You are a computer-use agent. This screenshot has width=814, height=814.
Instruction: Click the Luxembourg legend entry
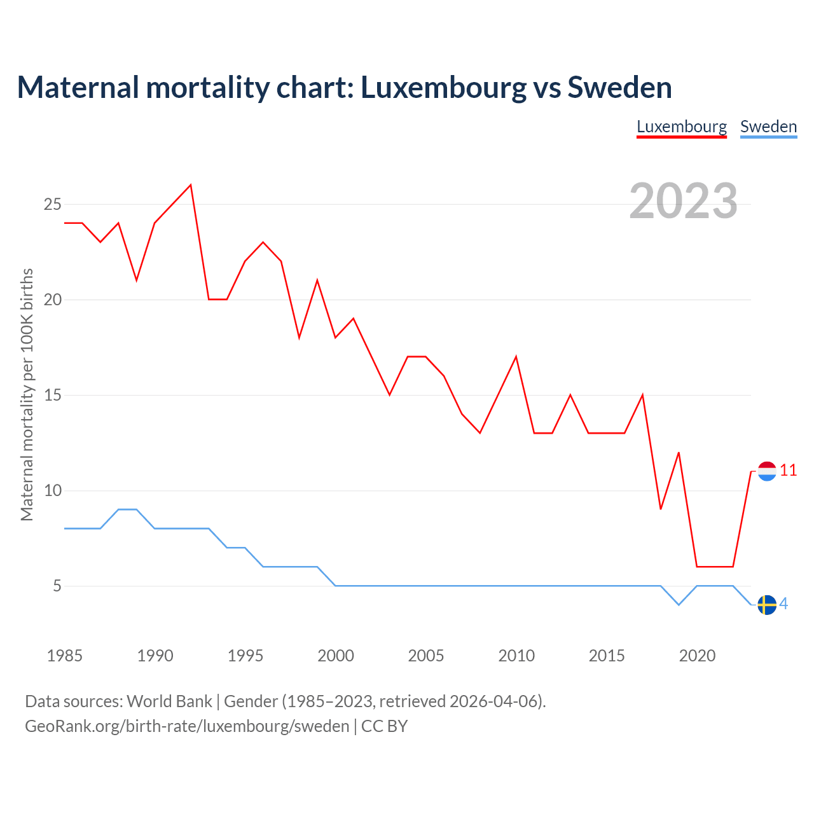point(681,127)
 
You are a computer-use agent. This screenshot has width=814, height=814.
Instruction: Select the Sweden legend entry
point(768,127)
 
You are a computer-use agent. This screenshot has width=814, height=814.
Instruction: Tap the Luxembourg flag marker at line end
point(767,471)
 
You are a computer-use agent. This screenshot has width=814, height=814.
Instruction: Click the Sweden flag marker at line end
point(767,605)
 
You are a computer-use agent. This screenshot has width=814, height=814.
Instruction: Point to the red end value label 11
point(789,471)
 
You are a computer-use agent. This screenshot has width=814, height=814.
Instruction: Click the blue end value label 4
point(784,604)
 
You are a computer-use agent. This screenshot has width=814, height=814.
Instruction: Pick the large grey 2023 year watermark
point(683,201)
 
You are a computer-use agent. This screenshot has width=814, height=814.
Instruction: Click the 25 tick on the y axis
point(52,205)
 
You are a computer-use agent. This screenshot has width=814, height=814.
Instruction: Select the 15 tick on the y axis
point(52,396)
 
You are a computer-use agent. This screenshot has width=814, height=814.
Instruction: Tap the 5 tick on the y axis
point(57,586)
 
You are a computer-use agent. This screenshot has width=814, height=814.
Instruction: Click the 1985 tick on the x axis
point(64,656)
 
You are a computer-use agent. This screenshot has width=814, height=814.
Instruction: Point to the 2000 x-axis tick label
point(335,656)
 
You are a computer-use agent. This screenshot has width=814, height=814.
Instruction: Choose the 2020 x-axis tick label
point(697,656)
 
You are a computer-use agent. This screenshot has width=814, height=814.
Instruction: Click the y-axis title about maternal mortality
point(27,394)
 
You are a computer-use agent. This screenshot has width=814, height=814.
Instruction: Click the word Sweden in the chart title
point(619,88)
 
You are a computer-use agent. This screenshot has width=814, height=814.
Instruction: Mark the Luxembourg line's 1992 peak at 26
point(191,185)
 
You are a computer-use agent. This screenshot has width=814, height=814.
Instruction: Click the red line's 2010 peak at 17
point(516,357)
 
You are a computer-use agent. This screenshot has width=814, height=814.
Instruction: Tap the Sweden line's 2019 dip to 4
point(679,605)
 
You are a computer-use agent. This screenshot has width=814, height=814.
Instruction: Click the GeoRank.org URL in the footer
point(187,726)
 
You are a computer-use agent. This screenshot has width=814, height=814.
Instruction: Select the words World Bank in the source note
point(169,701)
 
